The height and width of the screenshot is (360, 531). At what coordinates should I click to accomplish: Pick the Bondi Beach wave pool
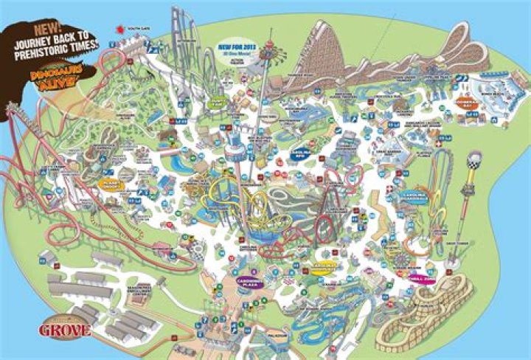pos(490,92)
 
